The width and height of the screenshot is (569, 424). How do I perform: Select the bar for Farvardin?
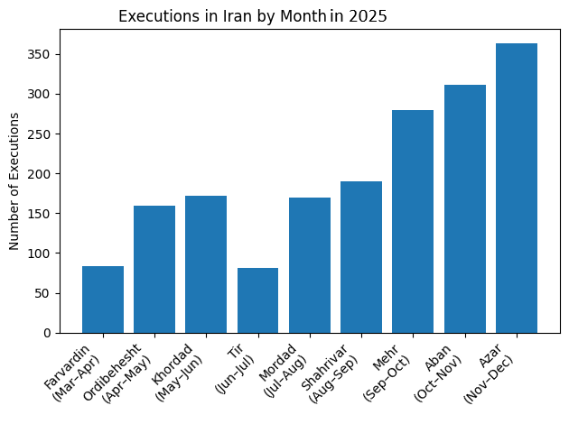(103, 300)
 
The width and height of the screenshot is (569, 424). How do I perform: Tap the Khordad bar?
(206, 264)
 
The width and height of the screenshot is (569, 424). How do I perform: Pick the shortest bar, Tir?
(257, 300)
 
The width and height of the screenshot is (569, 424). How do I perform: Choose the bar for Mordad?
(310, 265)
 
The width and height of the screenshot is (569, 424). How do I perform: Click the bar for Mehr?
(413, 221)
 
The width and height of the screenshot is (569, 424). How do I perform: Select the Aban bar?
(464, 208)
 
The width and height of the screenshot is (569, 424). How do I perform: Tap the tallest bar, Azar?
(517, 188)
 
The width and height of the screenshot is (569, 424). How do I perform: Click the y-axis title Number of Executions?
(14, 180)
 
